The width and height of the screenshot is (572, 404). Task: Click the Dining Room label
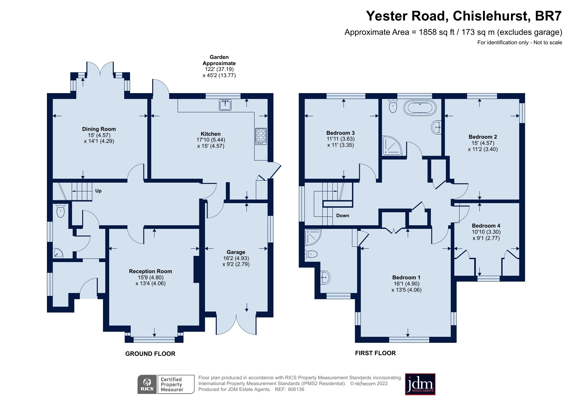click(99, 129)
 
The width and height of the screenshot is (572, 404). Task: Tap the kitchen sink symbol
click(225, 105)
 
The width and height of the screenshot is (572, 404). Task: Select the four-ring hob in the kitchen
click(261, 136)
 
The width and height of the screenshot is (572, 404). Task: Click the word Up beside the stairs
click(98, 191)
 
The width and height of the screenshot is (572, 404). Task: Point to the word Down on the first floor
click(343, 216)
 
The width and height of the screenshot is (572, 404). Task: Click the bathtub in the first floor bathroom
click(420, 108)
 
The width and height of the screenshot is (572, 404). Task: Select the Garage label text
click(236, 252)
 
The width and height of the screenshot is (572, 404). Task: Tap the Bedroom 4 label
click(486, 226)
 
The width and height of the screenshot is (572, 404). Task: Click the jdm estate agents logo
click(420, 384)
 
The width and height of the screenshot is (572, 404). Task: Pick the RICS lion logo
click(147, 384)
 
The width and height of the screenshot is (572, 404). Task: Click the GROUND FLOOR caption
click(150, 354)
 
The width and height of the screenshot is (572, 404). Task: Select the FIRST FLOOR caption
click(375, 353)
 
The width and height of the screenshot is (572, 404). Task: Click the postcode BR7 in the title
click(548, 16)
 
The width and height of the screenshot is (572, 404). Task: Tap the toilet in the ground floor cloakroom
click(61, 211)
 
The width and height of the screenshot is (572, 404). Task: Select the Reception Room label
click(150, 271)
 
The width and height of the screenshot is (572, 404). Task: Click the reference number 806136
click(296, 389)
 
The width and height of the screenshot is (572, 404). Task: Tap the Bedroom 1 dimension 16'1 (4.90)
click(406, 284)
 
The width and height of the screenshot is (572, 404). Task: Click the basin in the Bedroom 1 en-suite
click(325, 278)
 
